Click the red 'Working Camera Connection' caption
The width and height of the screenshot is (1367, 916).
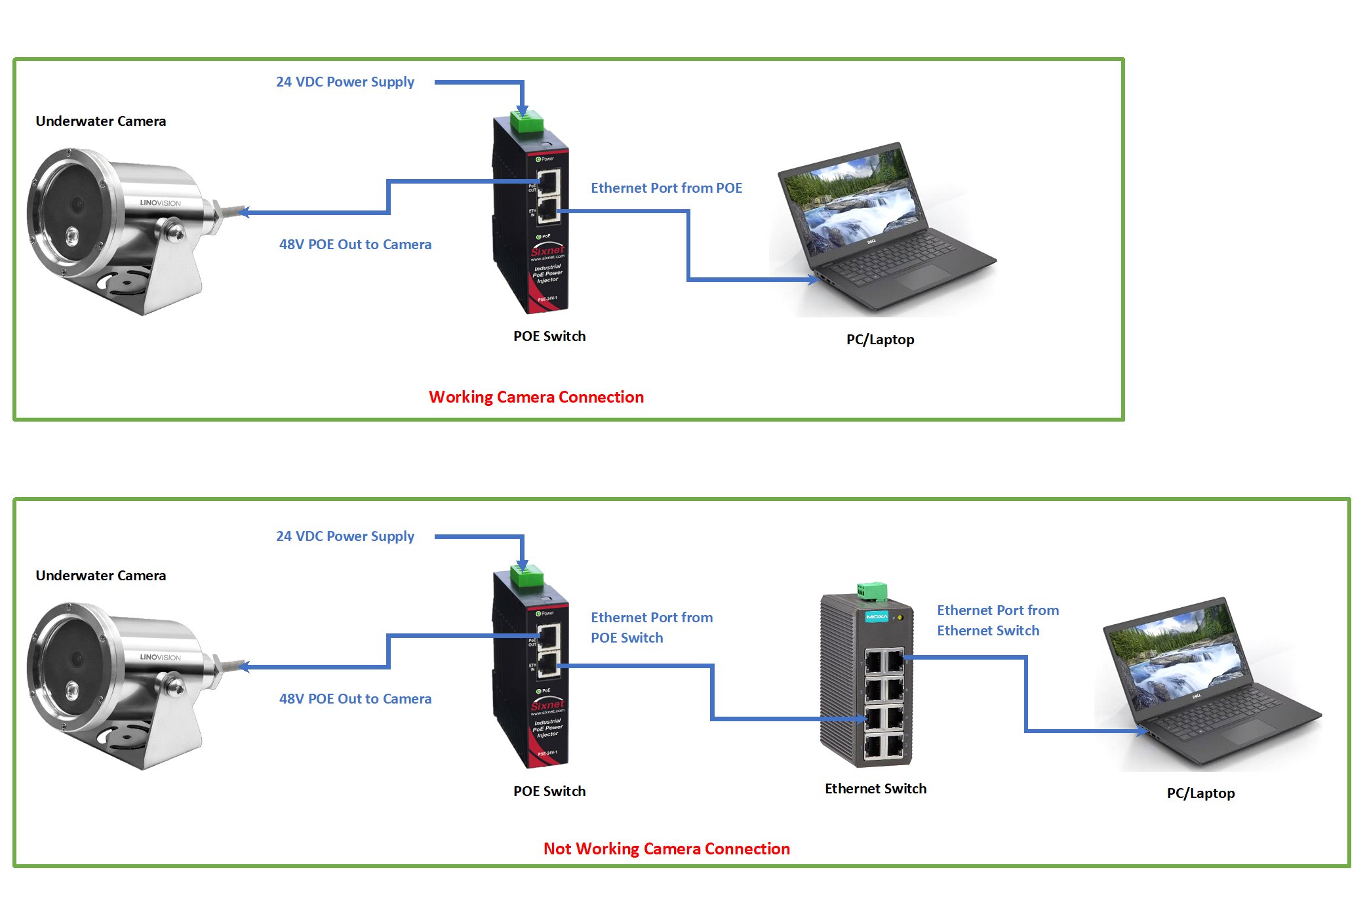tap(536, 397)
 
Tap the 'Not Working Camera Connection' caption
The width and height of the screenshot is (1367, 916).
tap(666, 848)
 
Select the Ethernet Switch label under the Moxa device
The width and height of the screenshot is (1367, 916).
tap(875, 788)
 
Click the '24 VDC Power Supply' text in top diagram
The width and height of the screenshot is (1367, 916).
tap(345, 82)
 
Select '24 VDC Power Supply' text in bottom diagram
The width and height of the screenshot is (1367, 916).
tap(345, 536)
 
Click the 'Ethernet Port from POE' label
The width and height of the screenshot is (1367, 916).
tap(666, 188)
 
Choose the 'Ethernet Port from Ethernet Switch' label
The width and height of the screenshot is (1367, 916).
tap(997, 620)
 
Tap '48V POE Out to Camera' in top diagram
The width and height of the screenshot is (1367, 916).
tap(355, 245)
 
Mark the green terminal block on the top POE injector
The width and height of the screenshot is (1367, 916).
tap(526, 121)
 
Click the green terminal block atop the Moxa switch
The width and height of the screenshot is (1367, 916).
tap(872, 591)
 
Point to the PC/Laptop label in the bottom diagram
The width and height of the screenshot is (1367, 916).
tap(1200, 793)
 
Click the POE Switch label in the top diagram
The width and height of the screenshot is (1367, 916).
tap(549, 336)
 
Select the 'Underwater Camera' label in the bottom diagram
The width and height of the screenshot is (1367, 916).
tap(101, 576)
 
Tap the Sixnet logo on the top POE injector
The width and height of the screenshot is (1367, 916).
tap(547, 251)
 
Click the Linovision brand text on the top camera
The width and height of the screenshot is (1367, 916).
tap(160, 203)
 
